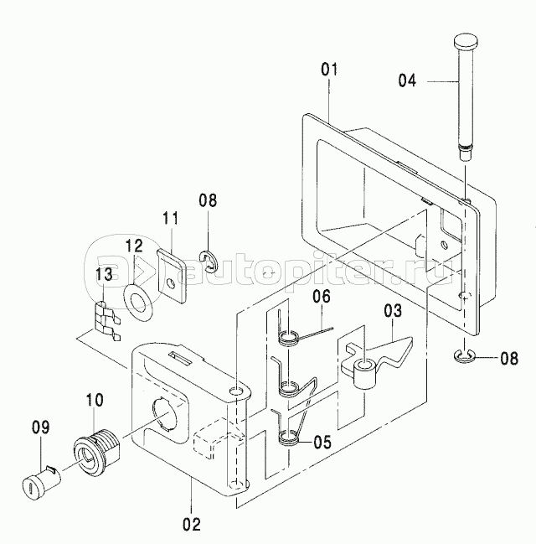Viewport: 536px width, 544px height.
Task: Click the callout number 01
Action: pyautogui.click(x=329, y=70)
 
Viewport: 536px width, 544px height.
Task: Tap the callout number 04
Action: pyautogui.click(x=407, y=80)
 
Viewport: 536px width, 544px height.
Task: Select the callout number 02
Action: pyautogui.click(x=192, y=524)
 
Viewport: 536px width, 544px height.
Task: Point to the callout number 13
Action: pyautogui.click(x=105, y=274)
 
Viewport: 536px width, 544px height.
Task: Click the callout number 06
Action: pyautogui.click(x=322, y=297)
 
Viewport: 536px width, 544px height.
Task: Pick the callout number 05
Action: pyautogui.click(x=322, y=442)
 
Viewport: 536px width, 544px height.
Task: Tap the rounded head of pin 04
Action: pyautogui.click(x=466, y=42)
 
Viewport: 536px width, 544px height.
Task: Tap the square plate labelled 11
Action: pyautogui.click(x=172, y=275)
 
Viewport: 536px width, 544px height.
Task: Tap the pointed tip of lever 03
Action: pyautogui.click(x=412, y=340)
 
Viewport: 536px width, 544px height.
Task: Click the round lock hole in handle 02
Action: pyautogui.click(x=164, y=413)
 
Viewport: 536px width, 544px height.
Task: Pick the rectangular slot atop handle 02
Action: pyautogui.click(x=180, y=358)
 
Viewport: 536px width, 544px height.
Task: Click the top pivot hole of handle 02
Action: pyautogui.click(x=236, y=391)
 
